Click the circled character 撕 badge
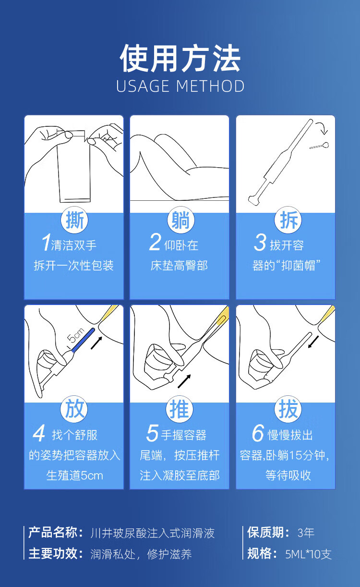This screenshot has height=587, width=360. click(x=74, y=220)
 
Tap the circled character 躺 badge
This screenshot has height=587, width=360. click(x=180, y=220)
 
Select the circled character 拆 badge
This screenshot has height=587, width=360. click(x=288, y=220)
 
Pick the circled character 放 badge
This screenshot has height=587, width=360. click(x=74, y=409)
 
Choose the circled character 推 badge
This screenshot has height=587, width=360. click(x=180, y=409)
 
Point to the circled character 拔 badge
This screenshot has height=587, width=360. click(x=288, y=409)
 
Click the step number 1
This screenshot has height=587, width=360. click(x=46, y=242)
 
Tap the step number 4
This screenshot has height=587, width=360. click(x=39, y=433)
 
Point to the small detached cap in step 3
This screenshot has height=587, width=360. click(x=319, y=146)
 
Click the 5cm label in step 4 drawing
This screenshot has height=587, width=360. click(x=76, y=335)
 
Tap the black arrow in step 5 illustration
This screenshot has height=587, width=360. click(x=184, y=381)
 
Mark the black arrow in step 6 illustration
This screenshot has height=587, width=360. click(x=313, y=342)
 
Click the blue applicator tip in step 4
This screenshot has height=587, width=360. click(x=83, y=340)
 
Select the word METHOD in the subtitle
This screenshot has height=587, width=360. click(x=210, y=86)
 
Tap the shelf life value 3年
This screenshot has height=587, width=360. click(x=306, y=533)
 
